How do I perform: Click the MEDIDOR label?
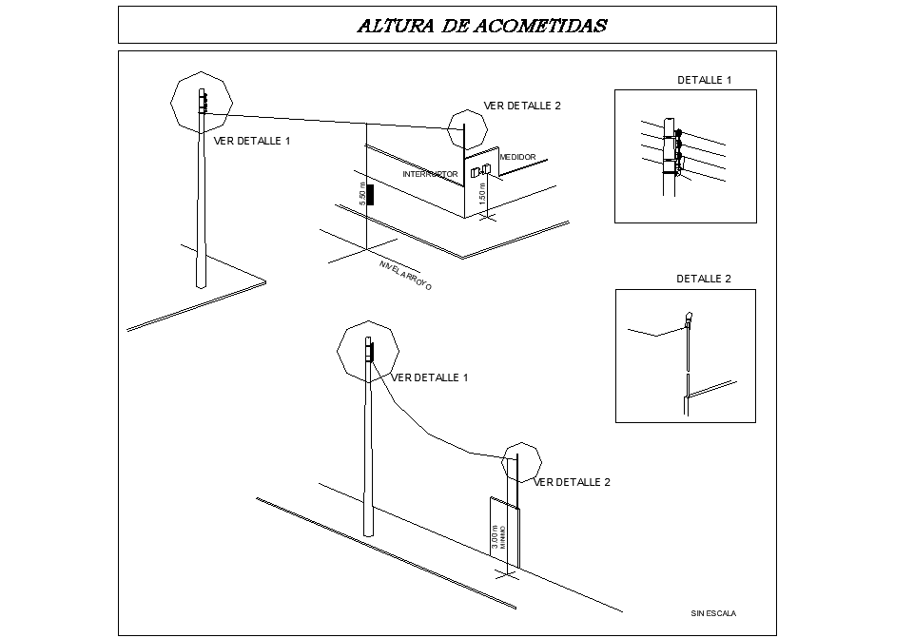click(517, 157)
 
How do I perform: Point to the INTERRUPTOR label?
click(430, 174)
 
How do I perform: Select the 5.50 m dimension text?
click(361, 194)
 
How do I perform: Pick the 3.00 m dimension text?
click(495, 538)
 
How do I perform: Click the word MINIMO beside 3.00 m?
click(502, 537)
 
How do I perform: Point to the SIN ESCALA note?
click(713, 613)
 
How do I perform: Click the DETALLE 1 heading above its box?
click(704, 81)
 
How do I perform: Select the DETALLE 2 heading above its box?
click(704, 280)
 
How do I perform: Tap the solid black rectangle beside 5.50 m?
click(370, 195)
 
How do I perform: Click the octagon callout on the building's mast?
click(466, 130)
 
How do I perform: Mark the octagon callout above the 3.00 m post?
click(521, 462)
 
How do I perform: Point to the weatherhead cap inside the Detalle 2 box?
click(688, 317)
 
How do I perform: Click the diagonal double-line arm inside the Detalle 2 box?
click(710, 389)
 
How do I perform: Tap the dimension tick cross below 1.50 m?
click(488, 217)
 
